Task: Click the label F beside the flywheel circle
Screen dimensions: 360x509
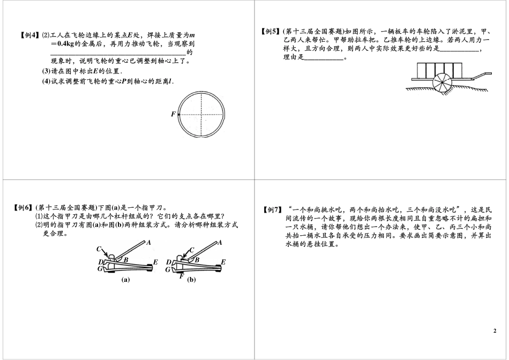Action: [173, 115]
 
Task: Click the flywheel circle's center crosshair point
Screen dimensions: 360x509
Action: [203, 114]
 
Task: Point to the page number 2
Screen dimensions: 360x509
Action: [495, 331]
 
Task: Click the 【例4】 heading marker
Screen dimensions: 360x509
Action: [28, 36]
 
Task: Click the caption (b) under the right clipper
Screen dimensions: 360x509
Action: [191, 280]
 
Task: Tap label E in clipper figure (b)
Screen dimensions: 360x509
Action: [223, 262]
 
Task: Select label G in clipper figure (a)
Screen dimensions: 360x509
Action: [100, 269]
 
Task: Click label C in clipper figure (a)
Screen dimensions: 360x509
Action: [100, 249]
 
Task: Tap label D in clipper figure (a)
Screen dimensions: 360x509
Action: [100, 262]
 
